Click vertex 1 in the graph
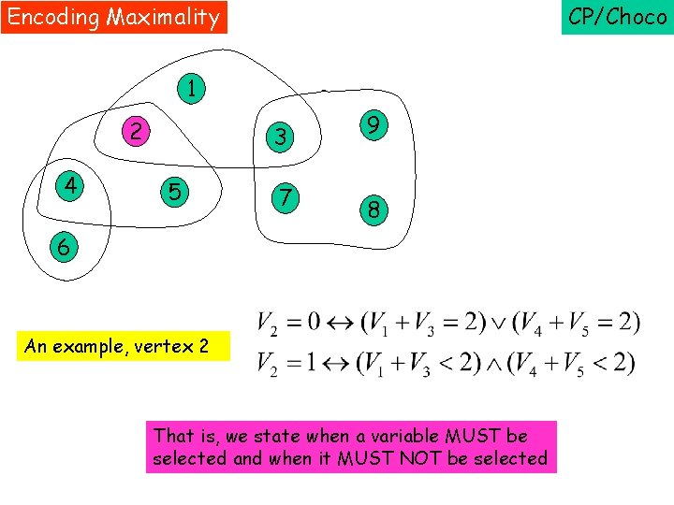[x=191, y=90]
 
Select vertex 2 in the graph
[x=137, y=131]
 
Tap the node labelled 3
[x=279, y=137]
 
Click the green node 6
[x=61, y=248]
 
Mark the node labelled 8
[x=373, y=210]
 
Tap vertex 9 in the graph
[x=373, y=126]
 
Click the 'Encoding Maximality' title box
[x=113, y=17]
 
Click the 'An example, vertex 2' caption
[x=117, y=346]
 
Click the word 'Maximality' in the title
[x=163, y=17]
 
